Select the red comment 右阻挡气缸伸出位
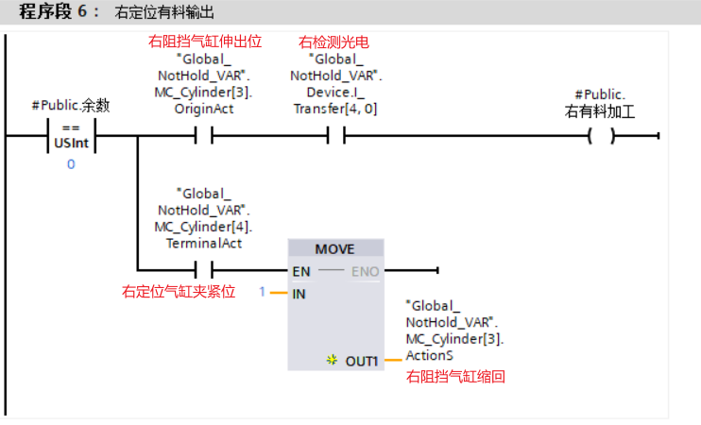point(205,42)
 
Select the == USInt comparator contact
point(71,136)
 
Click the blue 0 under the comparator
point(71,164)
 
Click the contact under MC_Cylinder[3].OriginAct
point(205,136)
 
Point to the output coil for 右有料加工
point(600,136)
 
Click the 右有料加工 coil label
point(599,110)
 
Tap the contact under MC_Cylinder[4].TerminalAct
point(205,271)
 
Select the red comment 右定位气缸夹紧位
point(179,293)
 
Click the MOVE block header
point(334,249)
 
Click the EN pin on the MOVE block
point(301,272)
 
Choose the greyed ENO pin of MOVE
point(365,272)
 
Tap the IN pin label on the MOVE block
point(299,294)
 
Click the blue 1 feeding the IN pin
point(263,293)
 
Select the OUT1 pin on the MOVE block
point(362,361)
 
